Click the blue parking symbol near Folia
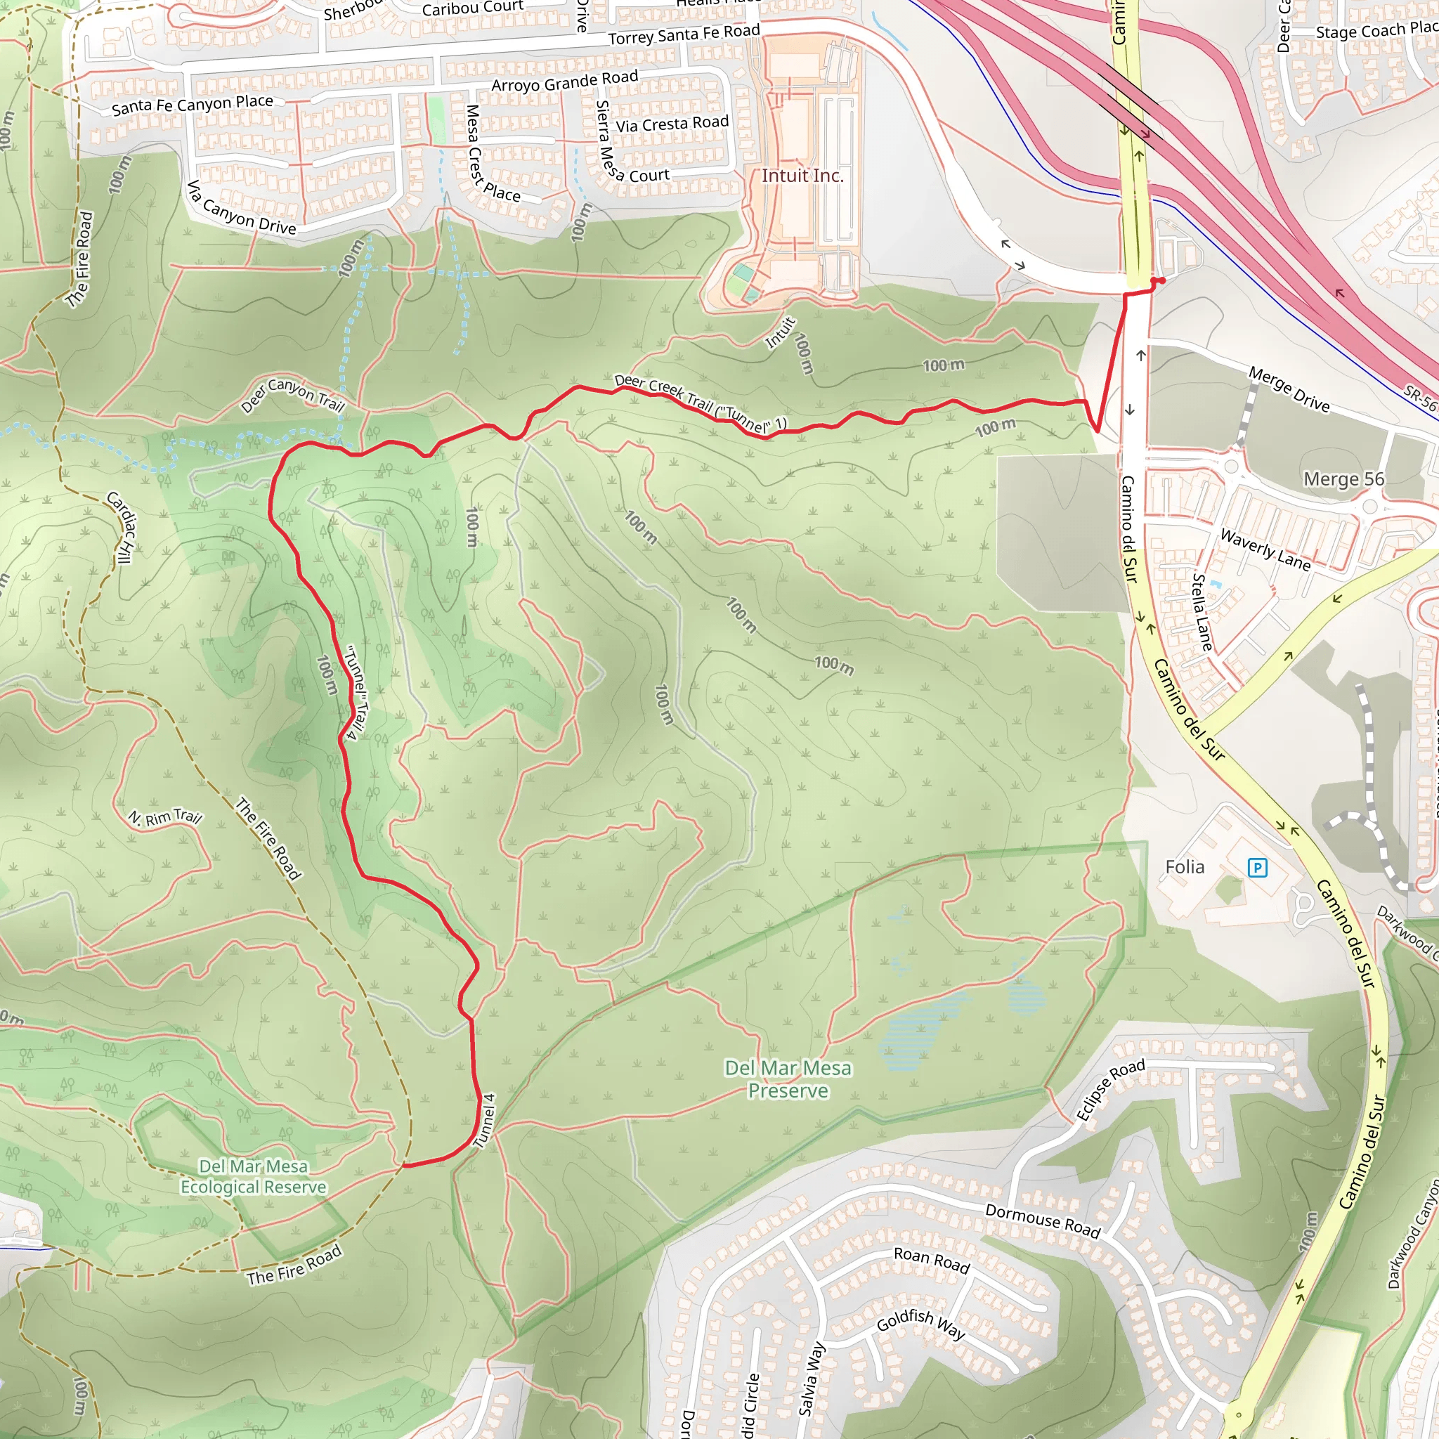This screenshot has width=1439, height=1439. pos(1257,867)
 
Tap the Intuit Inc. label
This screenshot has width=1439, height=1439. pos(802,176)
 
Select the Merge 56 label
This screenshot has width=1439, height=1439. pos(1343,479)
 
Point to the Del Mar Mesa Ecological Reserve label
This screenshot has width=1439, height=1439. pos(253,1177)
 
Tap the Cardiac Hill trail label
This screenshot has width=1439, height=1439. pos(121,528)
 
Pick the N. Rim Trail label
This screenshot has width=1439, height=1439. pos(164,817)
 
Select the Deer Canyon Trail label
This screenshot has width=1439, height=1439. pos(292,394)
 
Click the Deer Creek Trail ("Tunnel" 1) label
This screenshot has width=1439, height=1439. pos(700,403)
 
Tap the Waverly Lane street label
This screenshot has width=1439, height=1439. pos(1265,549)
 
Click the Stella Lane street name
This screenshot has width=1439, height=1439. pos(1202,612)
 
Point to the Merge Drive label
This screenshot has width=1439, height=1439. pos(1289,389)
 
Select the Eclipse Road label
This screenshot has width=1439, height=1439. pos(1109,1090)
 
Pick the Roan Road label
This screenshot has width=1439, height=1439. pos(931,1261)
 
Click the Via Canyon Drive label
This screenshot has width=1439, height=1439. pos(240,208)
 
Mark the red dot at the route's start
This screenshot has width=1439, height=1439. pos(1161,280)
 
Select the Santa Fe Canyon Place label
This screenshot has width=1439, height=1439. pos(192,105)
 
